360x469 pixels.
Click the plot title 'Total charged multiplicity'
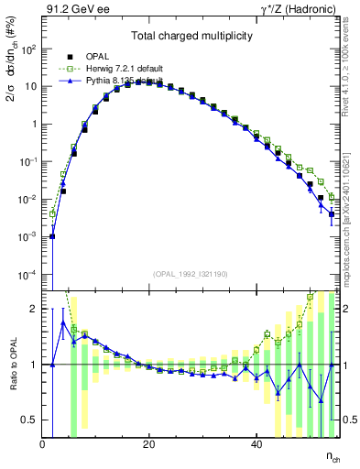click(192, 34)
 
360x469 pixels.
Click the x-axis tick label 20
click(148, 444)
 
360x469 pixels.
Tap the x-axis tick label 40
click(255, 444)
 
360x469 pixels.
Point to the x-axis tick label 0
click(42, 444)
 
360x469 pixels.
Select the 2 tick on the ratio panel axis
click(35, 309)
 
